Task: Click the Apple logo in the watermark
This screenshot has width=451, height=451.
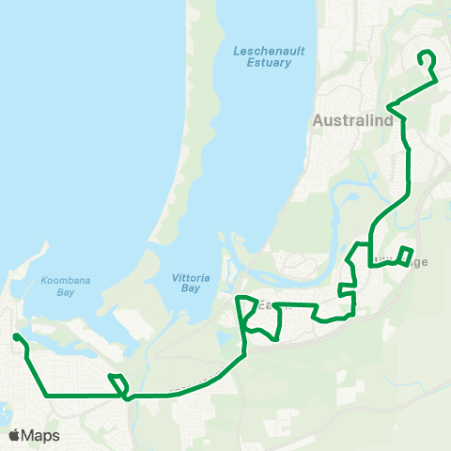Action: [x=15, y=435]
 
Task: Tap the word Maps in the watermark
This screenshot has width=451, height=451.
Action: [x=41, y=435]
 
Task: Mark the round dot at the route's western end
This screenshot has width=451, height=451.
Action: [x=16, y=336]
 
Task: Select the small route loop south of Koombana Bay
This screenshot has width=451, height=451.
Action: [x=117, y=385]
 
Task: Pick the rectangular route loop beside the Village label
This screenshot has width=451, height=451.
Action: [x=404, y=256]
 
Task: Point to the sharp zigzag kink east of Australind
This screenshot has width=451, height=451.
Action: [x=397, y=111]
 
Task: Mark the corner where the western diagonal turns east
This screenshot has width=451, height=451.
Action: [x=46, y=396]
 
